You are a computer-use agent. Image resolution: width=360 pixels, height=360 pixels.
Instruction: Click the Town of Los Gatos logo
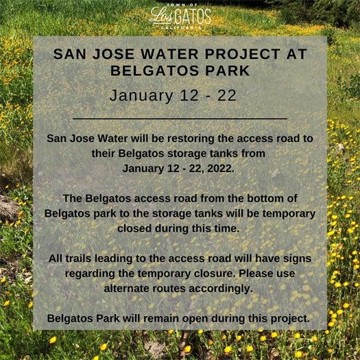point(180,16)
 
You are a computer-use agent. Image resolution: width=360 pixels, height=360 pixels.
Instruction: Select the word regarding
point(91,272)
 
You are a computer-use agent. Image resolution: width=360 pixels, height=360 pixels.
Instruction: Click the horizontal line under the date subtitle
point(180,119)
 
